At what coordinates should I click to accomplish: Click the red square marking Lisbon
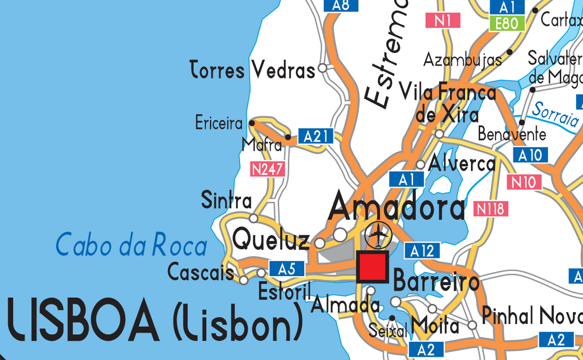pyautogui.click(x=372, y=267)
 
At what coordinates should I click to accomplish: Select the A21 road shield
pyautogui.click(x=316, y=136)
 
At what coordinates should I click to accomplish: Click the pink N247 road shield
pyautogui.click(x=267, y=169)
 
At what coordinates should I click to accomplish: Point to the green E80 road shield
pyautogui.click(x=507, y=23)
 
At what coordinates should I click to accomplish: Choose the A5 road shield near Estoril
pyautogui.click(x=286, y=268)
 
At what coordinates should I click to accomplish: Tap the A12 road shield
pyautogui.click(x=422, y=250)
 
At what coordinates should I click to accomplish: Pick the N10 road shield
pyautogui.click(x=524, y=182)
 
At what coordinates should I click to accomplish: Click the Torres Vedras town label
pyautogui.click(x=252, y=70)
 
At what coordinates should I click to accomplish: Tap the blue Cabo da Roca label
pyautogui.click(x=131, y=245)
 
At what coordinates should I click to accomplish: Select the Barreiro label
pyautogui.click(x=436, y=282)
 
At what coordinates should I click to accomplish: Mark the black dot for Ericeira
pyautogui.click(x=252, y=123)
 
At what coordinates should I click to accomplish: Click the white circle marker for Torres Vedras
pyautogui.click(x=323, y=67)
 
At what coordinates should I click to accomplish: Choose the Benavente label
pyautogui.click(x=512, y=134)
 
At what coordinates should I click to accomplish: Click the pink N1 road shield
pyautogui.click(x=443, y=21)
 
